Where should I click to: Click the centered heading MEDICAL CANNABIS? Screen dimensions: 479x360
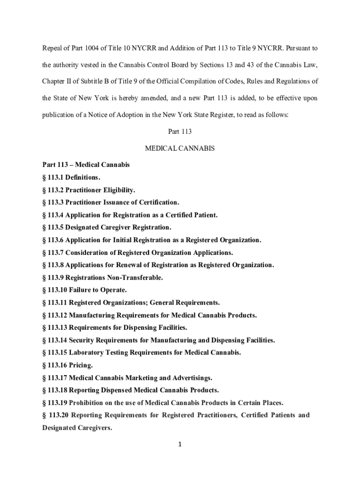pos(180,148)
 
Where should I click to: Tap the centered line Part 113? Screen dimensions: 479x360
pos(180,132)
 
